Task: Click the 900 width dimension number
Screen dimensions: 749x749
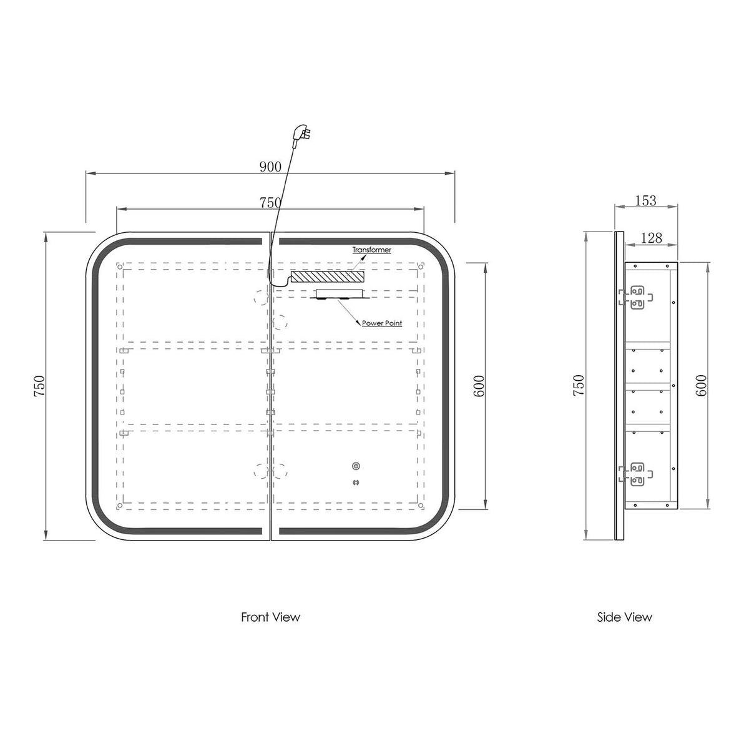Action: [270, 167]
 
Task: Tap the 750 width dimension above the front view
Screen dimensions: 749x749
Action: [270, 202]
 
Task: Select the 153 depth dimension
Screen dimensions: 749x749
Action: [645, 200]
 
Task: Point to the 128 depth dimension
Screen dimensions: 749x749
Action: [651, 238]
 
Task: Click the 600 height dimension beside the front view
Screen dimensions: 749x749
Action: [479, 386]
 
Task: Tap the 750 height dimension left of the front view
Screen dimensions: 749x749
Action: [40, 386]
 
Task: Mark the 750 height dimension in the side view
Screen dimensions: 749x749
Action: [579, 385]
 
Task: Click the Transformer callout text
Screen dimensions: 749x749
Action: [371, 250]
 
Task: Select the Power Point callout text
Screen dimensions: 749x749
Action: [382, 323]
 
